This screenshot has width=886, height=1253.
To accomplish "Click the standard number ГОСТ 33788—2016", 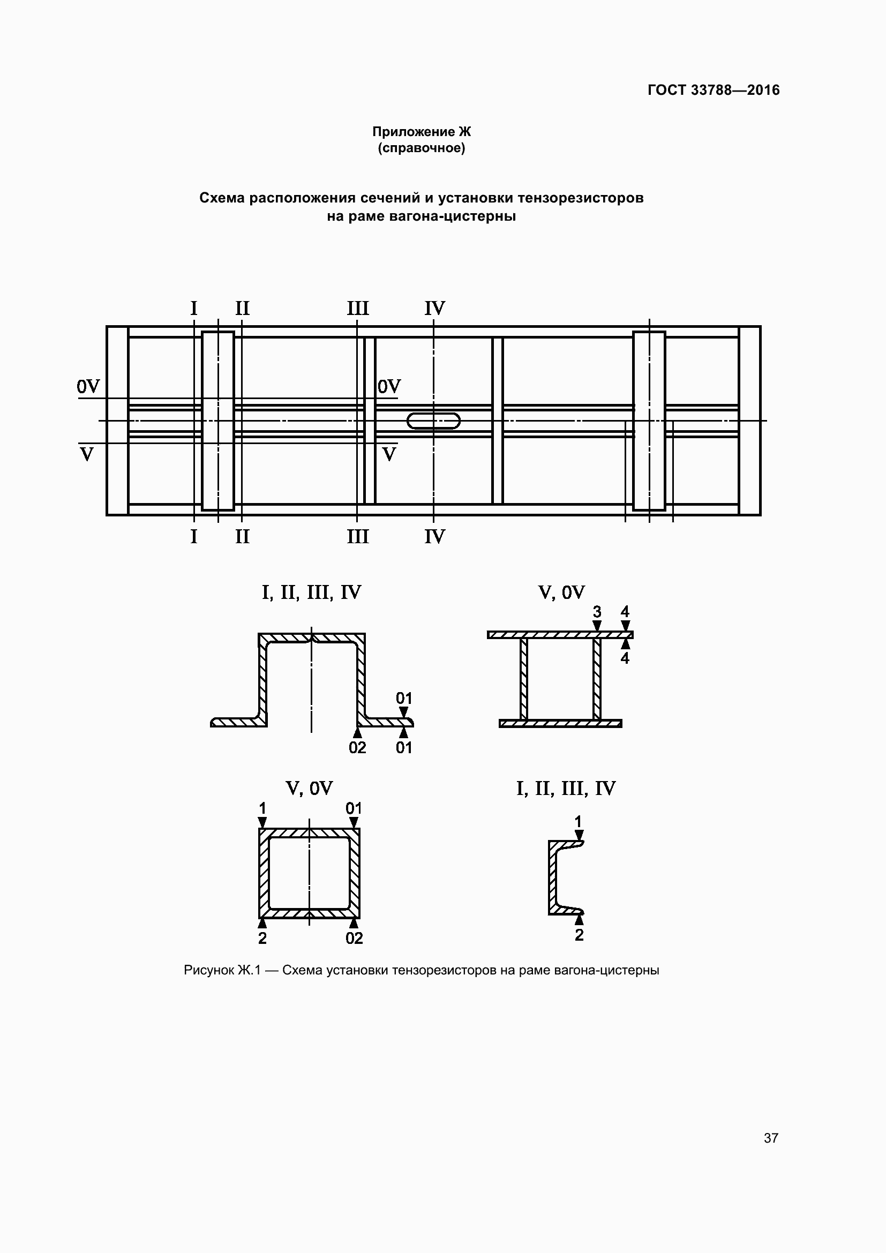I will [713, 90].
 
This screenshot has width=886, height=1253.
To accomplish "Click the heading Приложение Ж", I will [421, 132].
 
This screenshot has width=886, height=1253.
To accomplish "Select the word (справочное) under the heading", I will [421, 148].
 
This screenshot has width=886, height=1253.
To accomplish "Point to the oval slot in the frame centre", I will [433, 421].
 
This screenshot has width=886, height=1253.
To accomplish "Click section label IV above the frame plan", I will [435, 309].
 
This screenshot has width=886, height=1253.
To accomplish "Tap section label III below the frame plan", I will [357, 536].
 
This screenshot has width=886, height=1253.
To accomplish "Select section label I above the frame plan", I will [194, 309].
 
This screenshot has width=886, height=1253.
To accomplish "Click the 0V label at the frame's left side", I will [88, 386].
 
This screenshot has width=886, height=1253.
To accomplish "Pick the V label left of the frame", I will [87, 454].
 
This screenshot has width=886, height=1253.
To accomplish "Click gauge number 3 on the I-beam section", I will [597, 612].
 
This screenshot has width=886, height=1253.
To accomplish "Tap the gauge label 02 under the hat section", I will [357, 748].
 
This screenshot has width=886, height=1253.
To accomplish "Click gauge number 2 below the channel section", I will [579, 935].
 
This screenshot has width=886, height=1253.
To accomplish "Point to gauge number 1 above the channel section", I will [579, 822].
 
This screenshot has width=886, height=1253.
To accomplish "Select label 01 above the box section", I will [354, 808].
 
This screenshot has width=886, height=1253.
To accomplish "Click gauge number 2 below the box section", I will [262, 938].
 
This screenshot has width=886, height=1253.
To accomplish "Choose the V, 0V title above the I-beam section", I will [561, 592].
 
